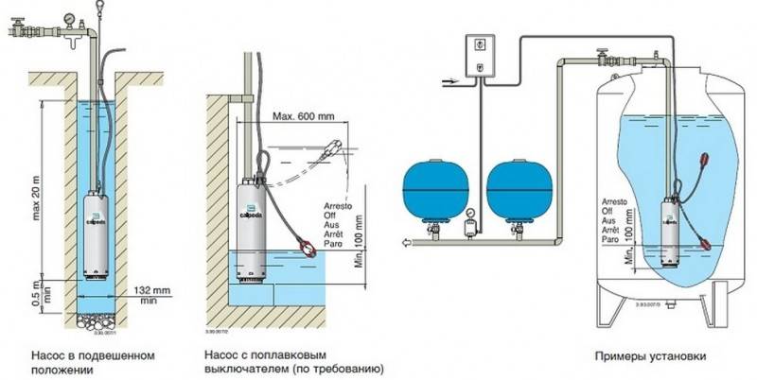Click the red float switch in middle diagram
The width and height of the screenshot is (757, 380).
click(308, 249)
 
